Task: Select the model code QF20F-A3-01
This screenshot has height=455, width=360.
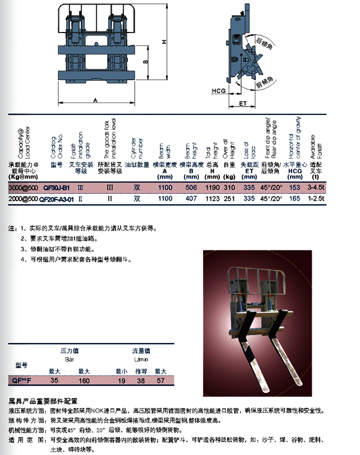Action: [60, 198]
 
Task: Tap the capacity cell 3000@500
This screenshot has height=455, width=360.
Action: [24, 188]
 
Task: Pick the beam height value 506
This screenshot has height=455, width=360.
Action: [191, 188]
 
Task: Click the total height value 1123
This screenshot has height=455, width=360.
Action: [212, 198]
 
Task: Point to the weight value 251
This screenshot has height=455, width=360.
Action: [229, 198]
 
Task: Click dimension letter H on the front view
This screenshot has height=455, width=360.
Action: [164, 43]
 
